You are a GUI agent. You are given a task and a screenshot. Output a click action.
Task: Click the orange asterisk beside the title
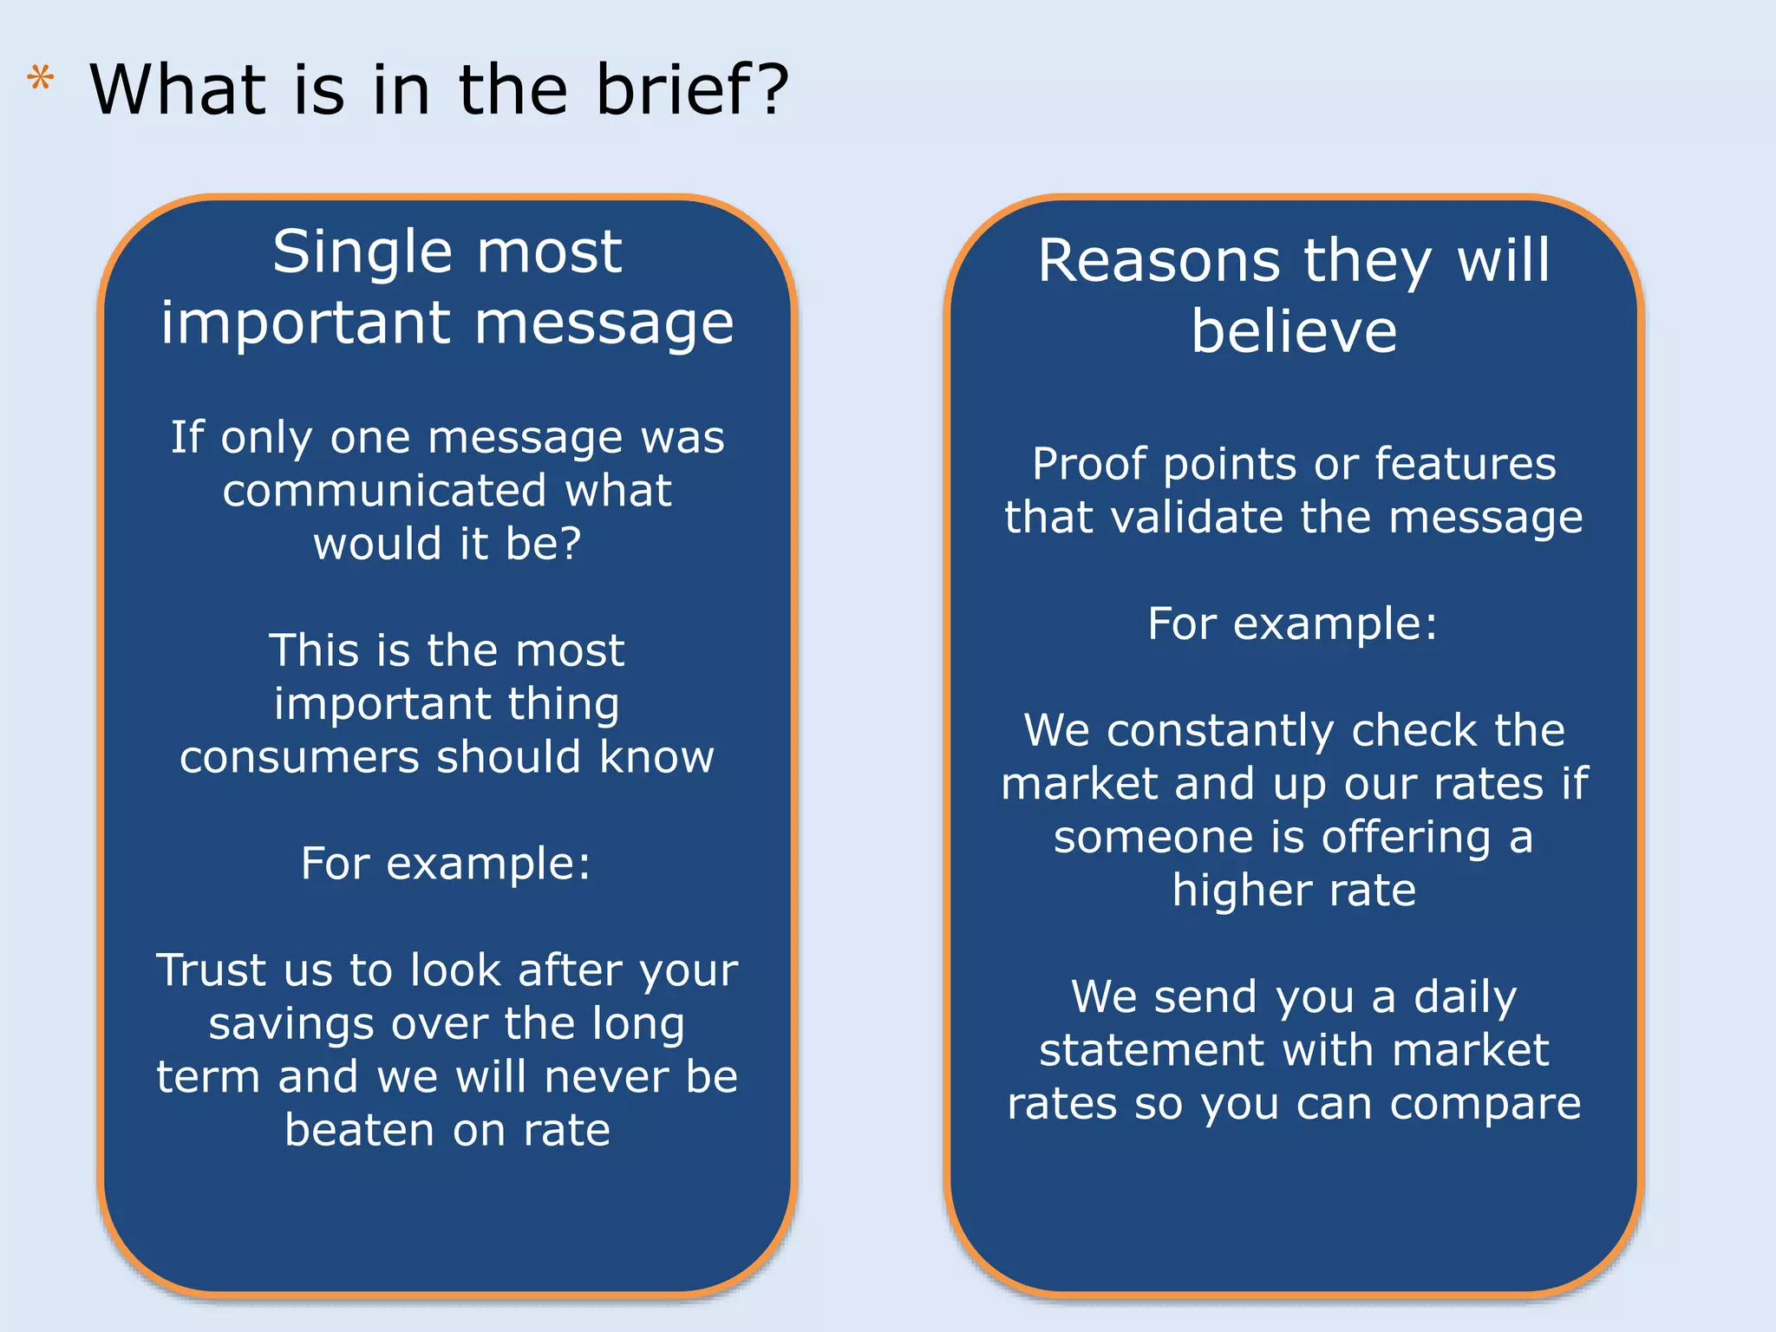pos(40,81)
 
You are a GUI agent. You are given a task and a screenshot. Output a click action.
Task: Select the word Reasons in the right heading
pos(1159,261)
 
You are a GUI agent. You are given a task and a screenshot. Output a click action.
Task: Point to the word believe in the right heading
pos(1294,332)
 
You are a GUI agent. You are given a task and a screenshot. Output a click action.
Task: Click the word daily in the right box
pos(1465,997)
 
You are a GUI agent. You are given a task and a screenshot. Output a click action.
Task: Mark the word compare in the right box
pos(1485,1106)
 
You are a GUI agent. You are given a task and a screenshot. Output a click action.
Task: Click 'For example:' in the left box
pos(446,864)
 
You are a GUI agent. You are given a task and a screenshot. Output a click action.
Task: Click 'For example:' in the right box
pos(1292,624)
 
